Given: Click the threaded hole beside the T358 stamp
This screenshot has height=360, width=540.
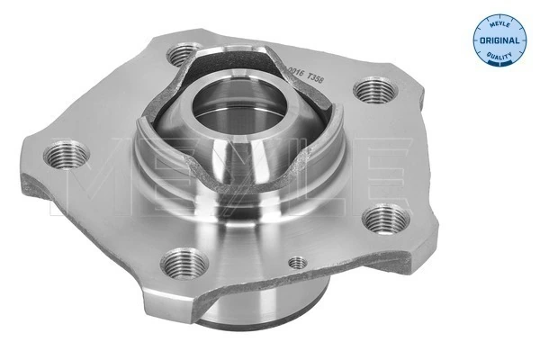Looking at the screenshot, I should point(373,90).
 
